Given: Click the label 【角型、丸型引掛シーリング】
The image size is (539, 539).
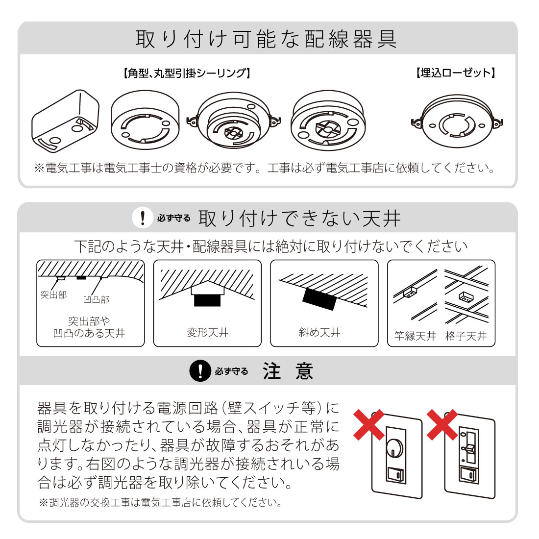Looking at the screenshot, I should (x=186, y=73).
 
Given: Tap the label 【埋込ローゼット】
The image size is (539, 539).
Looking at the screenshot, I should (x=456, y=73).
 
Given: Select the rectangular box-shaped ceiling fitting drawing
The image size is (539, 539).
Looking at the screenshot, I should (x=65, y=122).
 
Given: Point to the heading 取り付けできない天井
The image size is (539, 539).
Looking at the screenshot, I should (x=299, y=218).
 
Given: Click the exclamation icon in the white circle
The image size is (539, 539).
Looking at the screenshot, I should (x=143, y=218).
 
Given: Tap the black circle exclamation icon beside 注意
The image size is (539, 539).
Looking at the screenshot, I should (x=200, y=371).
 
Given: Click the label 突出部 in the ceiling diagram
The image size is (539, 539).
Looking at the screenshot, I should (x=53, y=295).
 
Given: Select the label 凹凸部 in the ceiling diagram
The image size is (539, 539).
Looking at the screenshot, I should (x=96, y=299).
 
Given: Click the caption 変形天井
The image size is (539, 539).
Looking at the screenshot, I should (x=208, y=333).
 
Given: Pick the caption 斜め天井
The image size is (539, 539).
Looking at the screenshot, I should (x=319, y=333).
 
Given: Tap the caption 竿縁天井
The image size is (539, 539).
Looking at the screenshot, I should (x=415, y=336).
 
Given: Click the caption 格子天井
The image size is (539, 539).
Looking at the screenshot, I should (x=466, y=336).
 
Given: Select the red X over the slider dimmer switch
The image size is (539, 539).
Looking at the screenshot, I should (x=442, y=424).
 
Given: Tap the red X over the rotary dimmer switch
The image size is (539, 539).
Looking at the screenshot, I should (x=368, y=424).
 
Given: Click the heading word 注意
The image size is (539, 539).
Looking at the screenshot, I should (x=288, y=371).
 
